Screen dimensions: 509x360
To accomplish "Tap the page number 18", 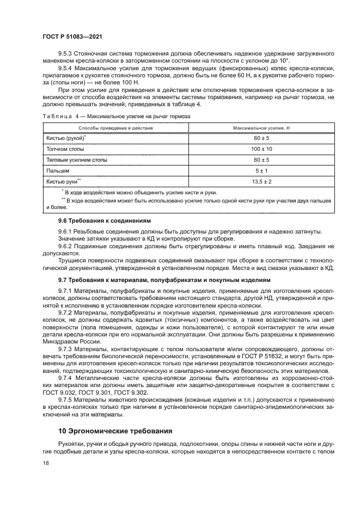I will (45, 462).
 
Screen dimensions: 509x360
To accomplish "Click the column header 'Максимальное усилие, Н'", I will (261, 128).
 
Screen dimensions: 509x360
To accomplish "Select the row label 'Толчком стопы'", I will (65, 149).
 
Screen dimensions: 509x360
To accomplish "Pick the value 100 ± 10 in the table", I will (261, 149).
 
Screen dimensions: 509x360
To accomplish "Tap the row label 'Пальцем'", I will (58, 170).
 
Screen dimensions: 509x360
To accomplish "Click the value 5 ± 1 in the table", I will (261, 170).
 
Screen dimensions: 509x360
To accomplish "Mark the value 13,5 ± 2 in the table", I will (261, 181).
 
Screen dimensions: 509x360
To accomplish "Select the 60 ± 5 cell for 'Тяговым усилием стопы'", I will (261, 160).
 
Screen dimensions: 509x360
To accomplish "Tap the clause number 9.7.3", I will (68, 348).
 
